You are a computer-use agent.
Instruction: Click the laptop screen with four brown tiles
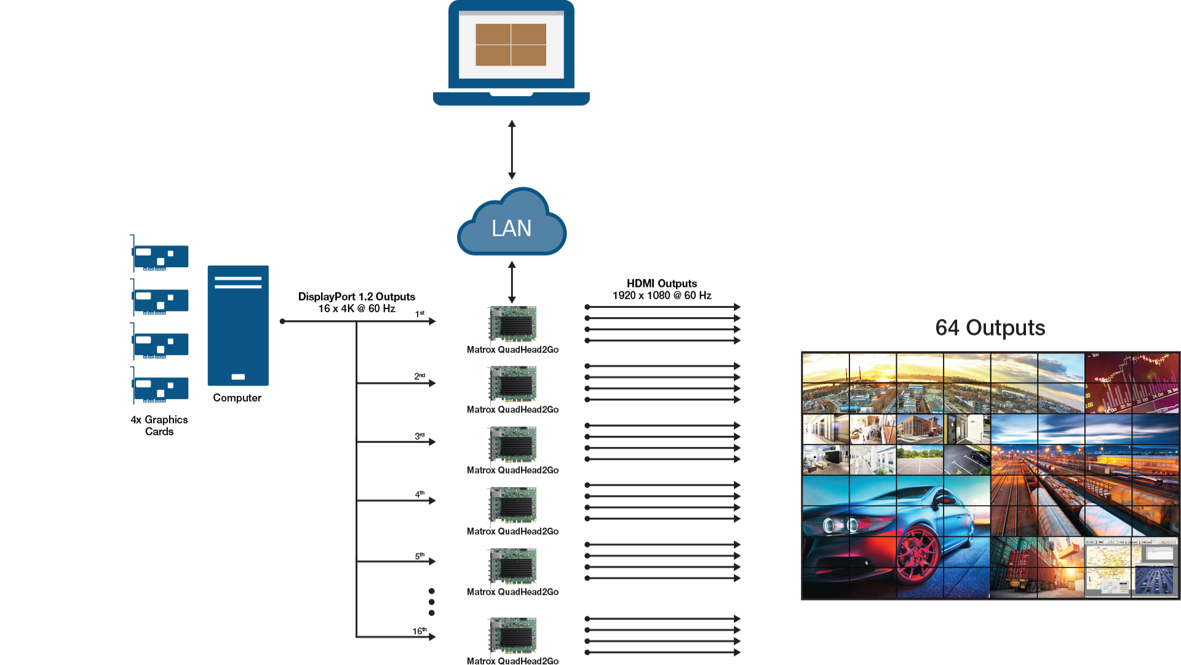click(x=511, y=45)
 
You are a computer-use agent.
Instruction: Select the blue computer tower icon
click(x=238, y=325)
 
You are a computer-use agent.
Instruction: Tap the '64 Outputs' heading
click(x=990, y=328)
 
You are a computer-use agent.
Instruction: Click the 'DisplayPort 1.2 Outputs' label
click(x=357, y=297)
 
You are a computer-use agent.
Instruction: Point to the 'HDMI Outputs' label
click(x=662, y=284)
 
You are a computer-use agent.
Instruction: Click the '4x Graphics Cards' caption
click(x=159, y=425)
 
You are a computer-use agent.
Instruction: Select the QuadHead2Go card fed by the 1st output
click(x=512, y=323)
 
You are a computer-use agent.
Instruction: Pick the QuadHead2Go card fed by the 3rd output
click(x=512, y=444)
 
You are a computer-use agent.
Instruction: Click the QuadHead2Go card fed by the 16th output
click(x=512, y=635)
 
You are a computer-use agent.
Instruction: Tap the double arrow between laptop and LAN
click(x=511, y=150)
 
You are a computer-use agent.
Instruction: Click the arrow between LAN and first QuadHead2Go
click(x=511, y=281)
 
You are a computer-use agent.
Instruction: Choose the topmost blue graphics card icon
click(x=160, y=256)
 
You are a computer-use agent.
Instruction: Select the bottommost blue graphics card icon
click(x=160, y=387)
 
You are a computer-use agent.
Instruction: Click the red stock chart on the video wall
click(x=1131, y=382)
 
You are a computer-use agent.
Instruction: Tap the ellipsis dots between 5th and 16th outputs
click(x=431, y=602)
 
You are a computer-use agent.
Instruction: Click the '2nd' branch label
click(x=420, y=376)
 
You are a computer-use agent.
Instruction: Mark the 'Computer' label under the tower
click(x=237, y=398)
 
